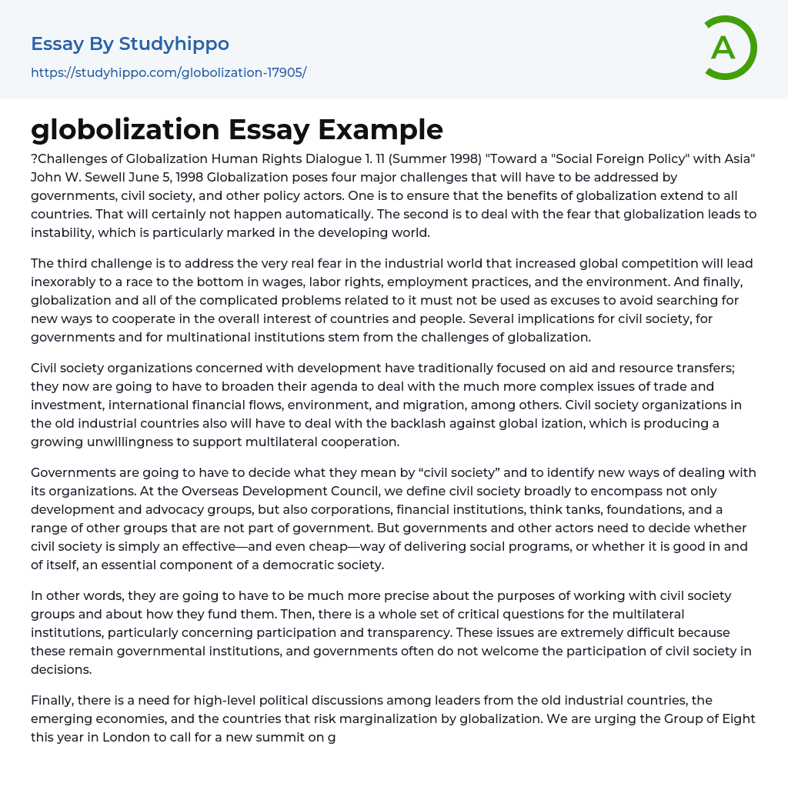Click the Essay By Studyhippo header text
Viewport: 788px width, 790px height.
[x=130, y=44]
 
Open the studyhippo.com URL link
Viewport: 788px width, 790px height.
[x=169, y=72]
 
